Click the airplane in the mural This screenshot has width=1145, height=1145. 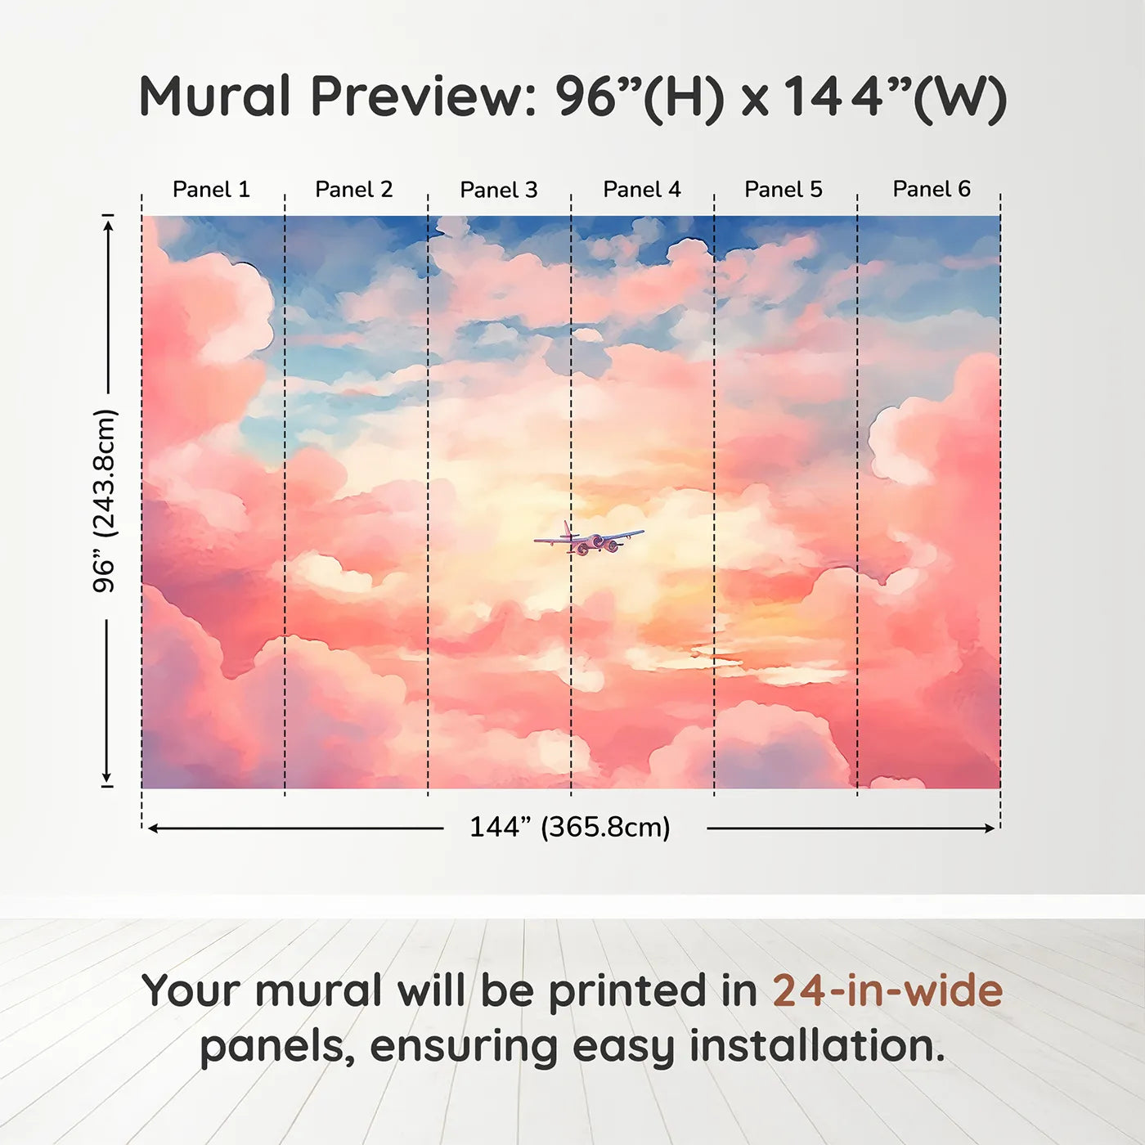(x=588, y=539)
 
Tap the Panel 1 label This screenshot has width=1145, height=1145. (x=211, y=189)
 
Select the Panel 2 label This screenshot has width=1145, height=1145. (x=353, y=189)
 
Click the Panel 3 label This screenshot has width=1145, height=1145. (x=499, y=190)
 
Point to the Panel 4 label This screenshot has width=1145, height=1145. (x=642, y=189)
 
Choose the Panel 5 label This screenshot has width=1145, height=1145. (x=784, y=189)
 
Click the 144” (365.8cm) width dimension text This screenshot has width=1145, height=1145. (x=570, y=827)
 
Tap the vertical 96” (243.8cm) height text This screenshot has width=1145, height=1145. (x=105, y=501)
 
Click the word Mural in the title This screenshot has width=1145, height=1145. (x=214, y=97)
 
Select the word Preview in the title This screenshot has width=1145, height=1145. (x=424, y=97)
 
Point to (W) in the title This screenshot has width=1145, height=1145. (x=959, y=99)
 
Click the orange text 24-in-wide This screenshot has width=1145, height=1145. (x=887, y=990)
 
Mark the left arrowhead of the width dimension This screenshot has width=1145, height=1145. (x=152, y=828)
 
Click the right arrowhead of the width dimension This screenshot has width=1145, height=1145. (x=990, y=828)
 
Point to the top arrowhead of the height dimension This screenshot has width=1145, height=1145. (x=107, y=226)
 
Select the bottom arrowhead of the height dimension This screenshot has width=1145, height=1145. (x=107, y=777)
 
